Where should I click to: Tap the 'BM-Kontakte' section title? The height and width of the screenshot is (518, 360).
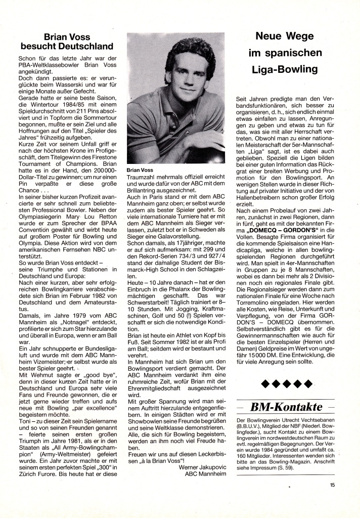point(286,406)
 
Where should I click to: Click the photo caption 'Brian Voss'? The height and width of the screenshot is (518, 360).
point(140,170)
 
